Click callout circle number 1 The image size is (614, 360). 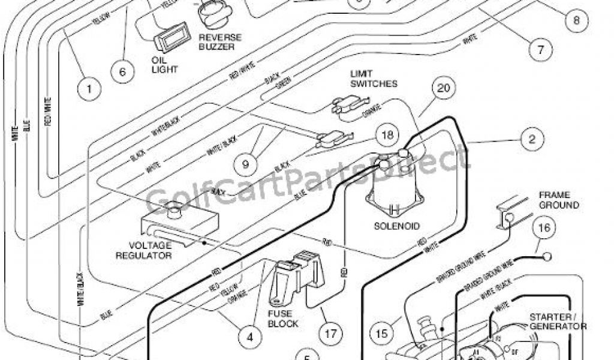point(89,90)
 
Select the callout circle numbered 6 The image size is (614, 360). point(122,72)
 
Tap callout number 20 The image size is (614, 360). point(443,89)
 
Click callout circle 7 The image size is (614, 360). point(541,49)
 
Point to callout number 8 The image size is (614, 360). point(576,19)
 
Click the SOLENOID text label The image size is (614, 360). point(396,226)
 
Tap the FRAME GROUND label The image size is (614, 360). point(558,200)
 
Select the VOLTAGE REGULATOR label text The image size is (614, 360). point(151,250)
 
